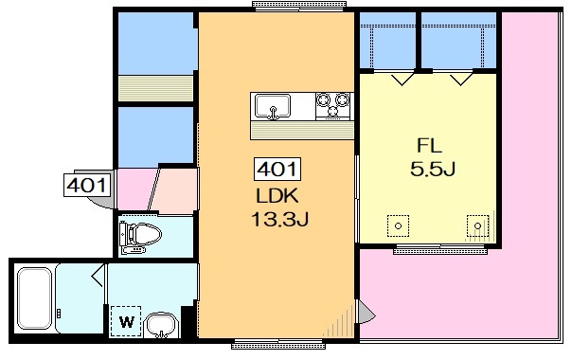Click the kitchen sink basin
point(273,106)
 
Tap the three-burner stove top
point(332,106)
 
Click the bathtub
point(35,298)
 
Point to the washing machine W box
point(126,321)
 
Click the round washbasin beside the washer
point(161,325)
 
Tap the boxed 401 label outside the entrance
point(86,186)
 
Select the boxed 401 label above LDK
point(277,169)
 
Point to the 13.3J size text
point(279,220)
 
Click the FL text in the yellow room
point(430,146)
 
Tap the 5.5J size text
point(433,169)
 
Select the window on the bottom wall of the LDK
point(278,344)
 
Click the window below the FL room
point(440,250)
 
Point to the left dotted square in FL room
point(398,226)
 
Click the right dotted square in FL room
point(478,226)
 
